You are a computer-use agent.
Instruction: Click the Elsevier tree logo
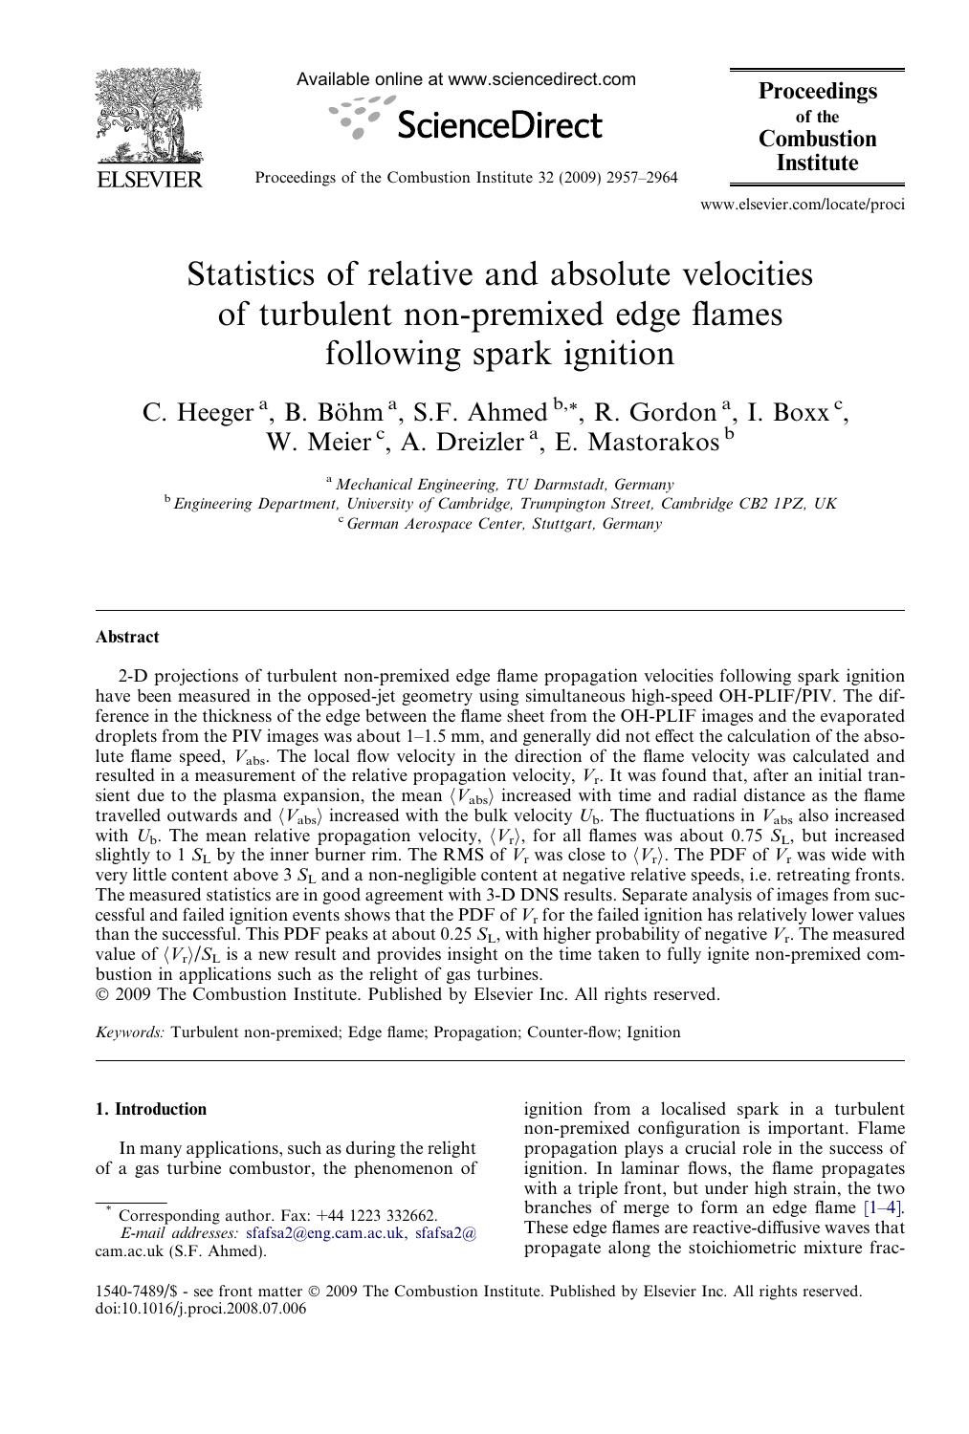pyautogui.click(x=147, y=119)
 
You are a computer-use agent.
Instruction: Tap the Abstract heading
pyautogui.click(x=127, y=637)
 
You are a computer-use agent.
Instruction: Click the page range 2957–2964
pyautogui.click(x=642, y=178)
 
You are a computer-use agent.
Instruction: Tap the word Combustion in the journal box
pyautogui.click(x=817, y=139)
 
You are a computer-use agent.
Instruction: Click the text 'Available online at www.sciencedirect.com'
pyautogui.click(x=466, y=80)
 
